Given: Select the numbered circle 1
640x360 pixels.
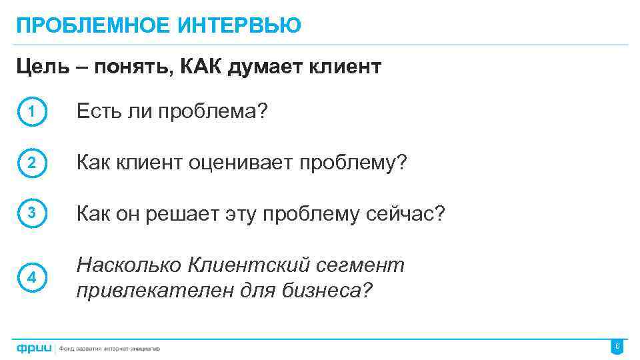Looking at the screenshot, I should (x=31, y=112).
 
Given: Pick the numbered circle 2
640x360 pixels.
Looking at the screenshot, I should (x=31, y=163).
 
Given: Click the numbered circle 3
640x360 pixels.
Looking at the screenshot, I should (x=31, y=214).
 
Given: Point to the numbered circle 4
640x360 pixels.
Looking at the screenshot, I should (x=31, y=278).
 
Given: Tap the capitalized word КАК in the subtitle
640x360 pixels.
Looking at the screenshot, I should (x=202, y=67).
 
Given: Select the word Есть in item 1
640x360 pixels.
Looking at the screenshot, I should (x=98, y=111).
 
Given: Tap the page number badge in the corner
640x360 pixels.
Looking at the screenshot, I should (x=617, y=347).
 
